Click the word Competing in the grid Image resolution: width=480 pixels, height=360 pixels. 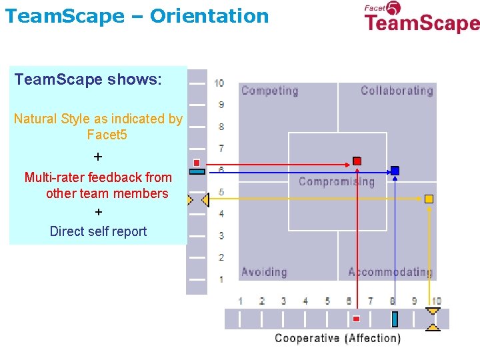click(x=269, y=91)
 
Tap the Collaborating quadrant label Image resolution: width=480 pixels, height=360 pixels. click(x=397, y=91)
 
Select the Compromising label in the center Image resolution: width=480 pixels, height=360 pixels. click(x=337, y=181)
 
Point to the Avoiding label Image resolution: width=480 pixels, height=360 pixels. click(x=264, y=272)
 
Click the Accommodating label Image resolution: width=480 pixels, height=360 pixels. click(x=390, y=272)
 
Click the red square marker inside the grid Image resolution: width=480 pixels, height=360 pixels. click(x=357, y=161)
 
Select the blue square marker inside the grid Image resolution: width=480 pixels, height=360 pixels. click(x=395, y=171)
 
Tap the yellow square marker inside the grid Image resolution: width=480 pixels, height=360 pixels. click(x=429, y=199)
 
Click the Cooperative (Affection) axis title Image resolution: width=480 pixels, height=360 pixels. click(x=338, y=338)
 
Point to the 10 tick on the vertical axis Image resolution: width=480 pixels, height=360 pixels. click(x=219, y=83)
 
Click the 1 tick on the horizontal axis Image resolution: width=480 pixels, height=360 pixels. click(x=240, y=301)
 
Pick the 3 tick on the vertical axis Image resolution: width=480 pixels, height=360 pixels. click(x=221, y=236)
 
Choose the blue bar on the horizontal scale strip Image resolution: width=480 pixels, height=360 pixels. click(x=395, y=319)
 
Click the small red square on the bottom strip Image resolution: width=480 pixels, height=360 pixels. click(x=356, y=319)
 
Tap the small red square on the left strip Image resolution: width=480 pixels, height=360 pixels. click(x=197, y=163)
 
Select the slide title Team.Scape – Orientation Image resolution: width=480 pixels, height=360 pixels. click(x=137, y=15)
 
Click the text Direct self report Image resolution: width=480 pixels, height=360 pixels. click(x=98, y=231)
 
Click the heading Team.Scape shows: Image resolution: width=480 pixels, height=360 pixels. click(x=88, y=80)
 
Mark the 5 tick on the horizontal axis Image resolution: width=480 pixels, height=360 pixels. click(x=327, y=301)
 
